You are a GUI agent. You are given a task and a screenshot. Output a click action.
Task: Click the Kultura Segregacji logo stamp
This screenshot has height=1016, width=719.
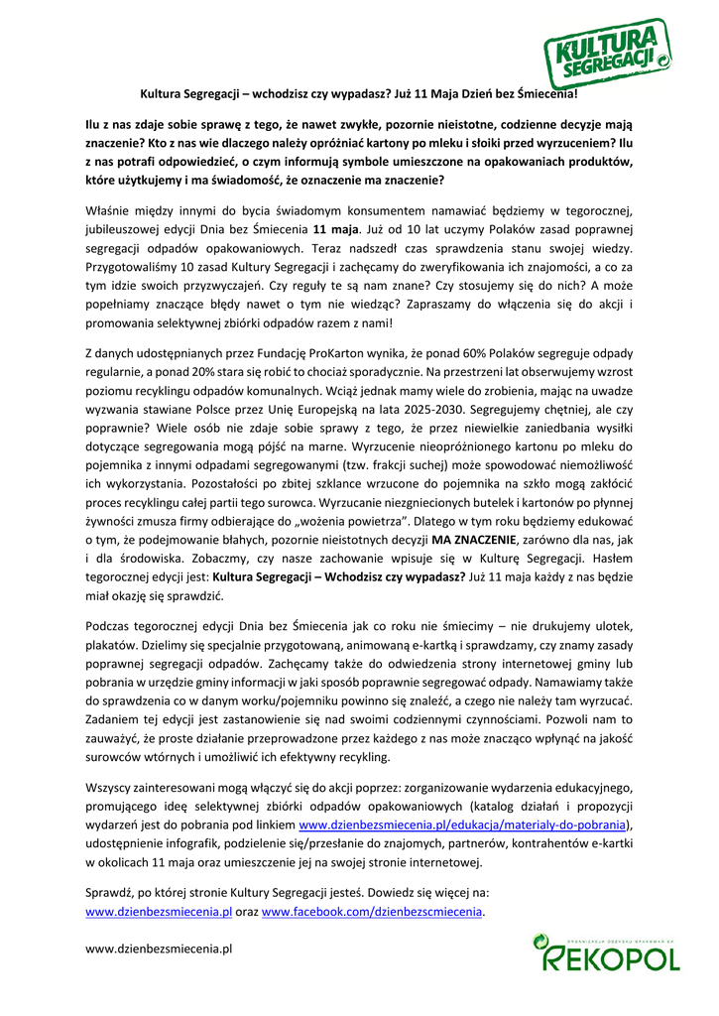click(606, 54)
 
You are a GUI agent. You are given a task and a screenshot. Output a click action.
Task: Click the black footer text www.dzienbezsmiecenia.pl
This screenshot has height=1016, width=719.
click(159, 949)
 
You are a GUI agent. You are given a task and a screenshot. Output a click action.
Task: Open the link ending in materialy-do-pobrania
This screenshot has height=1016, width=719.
click(464, 825)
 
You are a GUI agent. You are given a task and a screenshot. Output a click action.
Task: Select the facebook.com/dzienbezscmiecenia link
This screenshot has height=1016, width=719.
click(372, 911)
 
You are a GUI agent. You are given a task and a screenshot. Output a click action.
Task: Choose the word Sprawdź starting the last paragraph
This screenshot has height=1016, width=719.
click(111, 892)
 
